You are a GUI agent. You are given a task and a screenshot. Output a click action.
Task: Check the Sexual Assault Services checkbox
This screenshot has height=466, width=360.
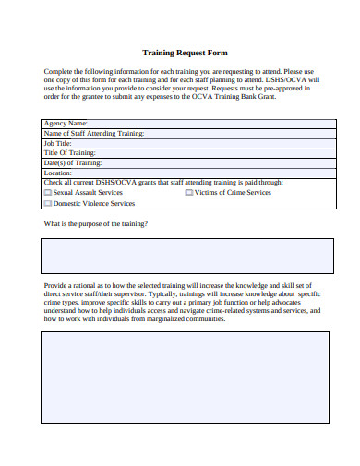pos(48,192)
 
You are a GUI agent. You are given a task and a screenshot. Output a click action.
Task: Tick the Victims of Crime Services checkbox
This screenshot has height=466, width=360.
pos(189,192)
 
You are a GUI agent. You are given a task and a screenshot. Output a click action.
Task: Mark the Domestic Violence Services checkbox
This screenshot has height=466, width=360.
pos(48,203)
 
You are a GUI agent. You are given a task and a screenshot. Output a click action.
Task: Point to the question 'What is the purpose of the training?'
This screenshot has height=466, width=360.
pos(96,224)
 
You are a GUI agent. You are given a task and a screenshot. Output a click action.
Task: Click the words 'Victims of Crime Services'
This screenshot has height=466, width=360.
pos(233,192)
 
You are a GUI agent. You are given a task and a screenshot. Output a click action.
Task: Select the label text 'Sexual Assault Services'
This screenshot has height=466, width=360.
pos(88,192)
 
